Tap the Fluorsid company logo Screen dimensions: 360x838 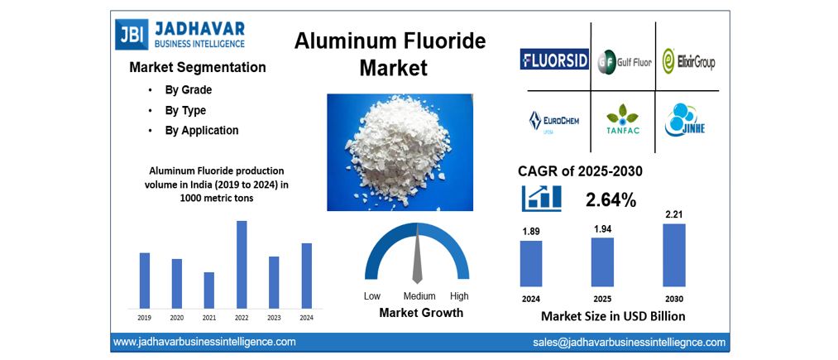point(554,60)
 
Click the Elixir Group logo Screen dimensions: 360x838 point(687,61)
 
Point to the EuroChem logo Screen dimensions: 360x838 point(553,122)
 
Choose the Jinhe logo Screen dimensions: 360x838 point(686,121)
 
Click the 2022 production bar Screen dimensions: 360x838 point(242,264)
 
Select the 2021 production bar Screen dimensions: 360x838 point(209,290)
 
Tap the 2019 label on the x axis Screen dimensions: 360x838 point(145,318)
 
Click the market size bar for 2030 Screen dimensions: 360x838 point(674,256)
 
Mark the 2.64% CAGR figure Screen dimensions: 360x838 point(611,199)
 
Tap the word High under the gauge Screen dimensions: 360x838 point(459,296)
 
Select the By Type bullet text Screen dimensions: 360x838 point(185,110)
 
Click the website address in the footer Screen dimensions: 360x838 point(204,342)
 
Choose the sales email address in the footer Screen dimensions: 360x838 point(629,342)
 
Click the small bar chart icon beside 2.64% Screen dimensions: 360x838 point(542,198)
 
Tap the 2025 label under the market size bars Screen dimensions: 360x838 point(602,298)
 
